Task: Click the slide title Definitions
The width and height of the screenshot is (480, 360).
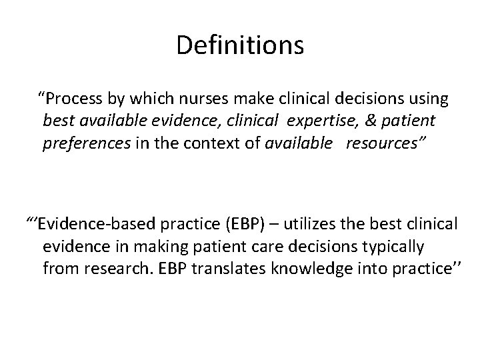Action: [x=240, y=45]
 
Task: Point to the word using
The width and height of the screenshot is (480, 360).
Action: [x=427, y=100]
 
